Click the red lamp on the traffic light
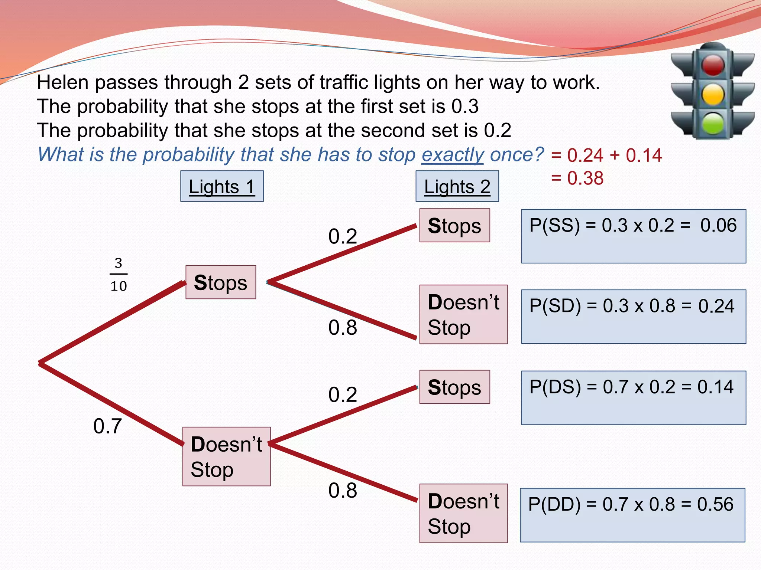click(x=713, y=65)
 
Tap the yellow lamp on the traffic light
click(x=713, y=94)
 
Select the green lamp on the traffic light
click(x=713, y=123)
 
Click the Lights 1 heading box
click(x=222, y=186)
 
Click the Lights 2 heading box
click(x=457, y=186)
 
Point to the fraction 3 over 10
click(x=119, y=275)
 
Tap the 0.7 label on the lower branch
click(x=107, y=426)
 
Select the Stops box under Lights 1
click(x=221, y=282)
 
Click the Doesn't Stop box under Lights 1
click(x=226, y=456)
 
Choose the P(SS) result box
click(x=633, y=236)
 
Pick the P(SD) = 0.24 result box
click(x=633, y=317)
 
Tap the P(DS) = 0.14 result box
click(x=633, y=397)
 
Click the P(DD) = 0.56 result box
click(x=632, y=515)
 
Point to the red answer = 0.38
click(x=577, y=178)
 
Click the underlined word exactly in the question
click(x=452, y=155)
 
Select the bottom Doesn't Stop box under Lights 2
click(x=463, y=513)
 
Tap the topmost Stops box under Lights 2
click(x=454, y=225)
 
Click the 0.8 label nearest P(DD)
click(x=343, y=491)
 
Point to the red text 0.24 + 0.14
click(x=607, y=155)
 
